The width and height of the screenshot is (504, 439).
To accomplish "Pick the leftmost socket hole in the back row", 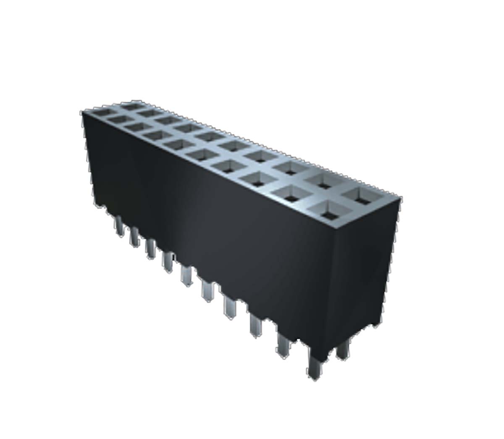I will (x=132, y=106).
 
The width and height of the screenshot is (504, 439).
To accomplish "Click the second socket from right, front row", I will (x=292, y=194).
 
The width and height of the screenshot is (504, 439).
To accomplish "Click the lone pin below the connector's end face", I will (x=343, y=349).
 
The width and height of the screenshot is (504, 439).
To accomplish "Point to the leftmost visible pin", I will (x=119, y=225).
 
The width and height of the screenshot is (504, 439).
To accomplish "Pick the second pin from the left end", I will (x=134, y=236).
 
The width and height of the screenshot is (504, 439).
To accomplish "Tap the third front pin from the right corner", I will (x=256, y=326).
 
